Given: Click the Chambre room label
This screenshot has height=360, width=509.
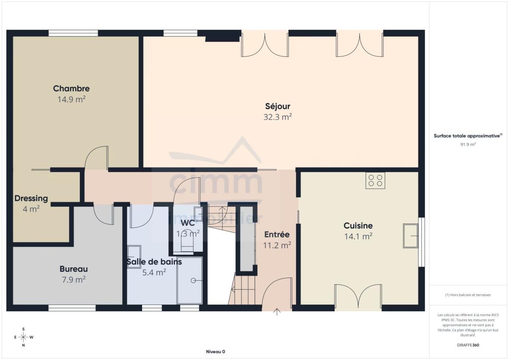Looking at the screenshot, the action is coord(71,88).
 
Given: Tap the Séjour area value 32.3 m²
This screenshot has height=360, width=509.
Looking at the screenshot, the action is coord(277,117).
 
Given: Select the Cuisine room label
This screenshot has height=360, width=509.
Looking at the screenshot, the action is coord(358,226).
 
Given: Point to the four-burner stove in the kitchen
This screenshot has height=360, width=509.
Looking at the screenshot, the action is coord(375,181).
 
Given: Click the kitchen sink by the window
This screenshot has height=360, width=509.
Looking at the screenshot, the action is coord(411,236).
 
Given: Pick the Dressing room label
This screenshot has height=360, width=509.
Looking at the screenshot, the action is coord(31,198).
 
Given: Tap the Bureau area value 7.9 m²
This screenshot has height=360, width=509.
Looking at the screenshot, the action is coord(74,279).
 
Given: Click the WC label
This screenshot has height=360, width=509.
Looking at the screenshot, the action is coord(187,223).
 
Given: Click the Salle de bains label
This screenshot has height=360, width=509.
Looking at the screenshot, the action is coord(154,262).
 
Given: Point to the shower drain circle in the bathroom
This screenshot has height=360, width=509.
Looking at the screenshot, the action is coord(193,281).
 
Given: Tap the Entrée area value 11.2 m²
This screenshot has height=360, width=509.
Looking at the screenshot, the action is coord(277,245).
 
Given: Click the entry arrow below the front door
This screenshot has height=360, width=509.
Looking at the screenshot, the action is coord(277,312).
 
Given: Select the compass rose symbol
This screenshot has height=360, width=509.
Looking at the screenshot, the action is coord(23,337).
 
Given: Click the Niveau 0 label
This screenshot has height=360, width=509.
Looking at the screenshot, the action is coord(215,352).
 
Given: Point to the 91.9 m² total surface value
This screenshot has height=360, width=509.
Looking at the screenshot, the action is coord(468,144).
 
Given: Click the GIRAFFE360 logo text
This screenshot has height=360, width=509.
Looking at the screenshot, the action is coord(468,345).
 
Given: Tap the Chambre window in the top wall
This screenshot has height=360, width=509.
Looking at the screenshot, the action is coord(73,33).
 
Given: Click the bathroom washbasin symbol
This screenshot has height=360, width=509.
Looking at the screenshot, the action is coord(134,257).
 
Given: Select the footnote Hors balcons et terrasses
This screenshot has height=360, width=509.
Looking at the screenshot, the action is coord(468,295).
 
